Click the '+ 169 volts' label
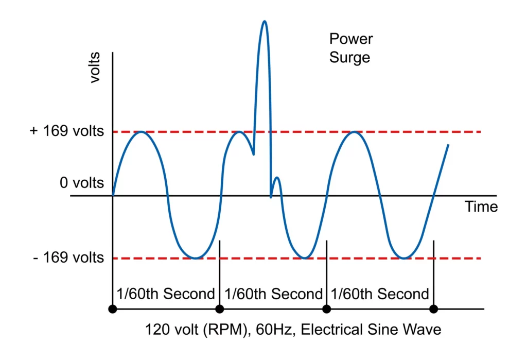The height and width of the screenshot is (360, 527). [x=67, y=131]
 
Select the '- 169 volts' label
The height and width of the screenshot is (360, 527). [x=68, y=257]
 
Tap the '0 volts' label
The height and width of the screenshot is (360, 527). [x=82, y=183]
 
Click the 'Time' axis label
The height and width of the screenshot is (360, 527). [x=481, y=207]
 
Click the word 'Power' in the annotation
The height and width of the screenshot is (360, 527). [x=351, y=39]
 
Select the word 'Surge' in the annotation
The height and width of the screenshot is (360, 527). [x=349, y=57]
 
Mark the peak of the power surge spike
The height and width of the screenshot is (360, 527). [x=265, y=21]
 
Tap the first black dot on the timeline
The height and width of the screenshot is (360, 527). [x=113, y=309]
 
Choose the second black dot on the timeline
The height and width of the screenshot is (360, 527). [x=220, y=309]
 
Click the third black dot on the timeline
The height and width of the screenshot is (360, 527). [x=326, y=309]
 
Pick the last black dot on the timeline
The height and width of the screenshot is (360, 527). [x=434, y=309]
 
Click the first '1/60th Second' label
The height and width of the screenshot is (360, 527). [x=165, y=294]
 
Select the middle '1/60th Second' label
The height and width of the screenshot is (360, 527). [x=273, y=294]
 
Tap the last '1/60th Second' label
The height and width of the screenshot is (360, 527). [x=380, y=294]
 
